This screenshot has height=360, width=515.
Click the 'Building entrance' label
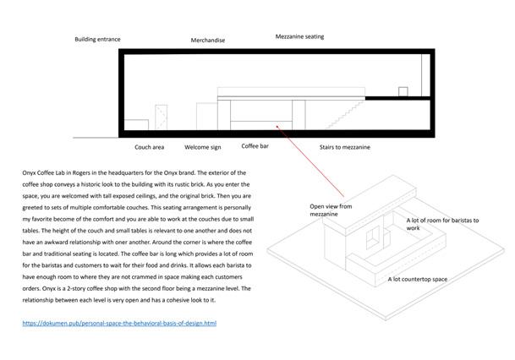pyautogui.click(x=97, y=39)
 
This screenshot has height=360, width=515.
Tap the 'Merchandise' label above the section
pyautogui.click(x=207, y=41)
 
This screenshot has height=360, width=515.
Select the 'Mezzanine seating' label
pyautogui.click(x=299, y=36)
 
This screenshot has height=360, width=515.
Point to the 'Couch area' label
pyautogui.click(x=149, y=147)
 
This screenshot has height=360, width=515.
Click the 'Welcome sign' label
pyautogui.click(x=203, y=147)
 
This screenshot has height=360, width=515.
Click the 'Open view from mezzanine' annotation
pyautogui.click(x=331, y=210)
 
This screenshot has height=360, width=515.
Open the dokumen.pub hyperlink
pyautogui.click(x=119, y=323)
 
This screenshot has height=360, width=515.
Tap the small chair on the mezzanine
pyautogui.click(x=403, y=90)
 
